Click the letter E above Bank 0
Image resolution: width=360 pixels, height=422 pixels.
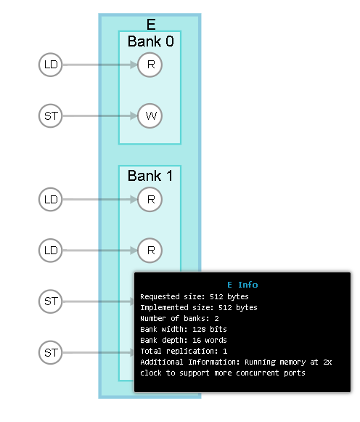[x=151, y=25]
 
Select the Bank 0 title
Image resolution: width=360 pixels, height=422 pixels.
[x=150, y=41]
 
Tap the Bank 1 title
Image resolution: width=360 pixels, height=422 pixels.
[x=150, y=176]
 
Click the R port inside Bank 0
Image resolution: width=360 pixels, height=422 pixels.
[x=150, y=65]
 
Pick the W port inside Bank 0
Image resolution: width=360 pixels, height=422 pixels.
[x=150, y=115]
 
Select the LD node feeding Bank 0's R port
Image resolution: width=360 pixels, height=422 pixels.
[x=51, y=65]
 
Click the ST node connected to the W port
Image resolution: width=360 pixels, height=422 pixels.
[x=51, y=115]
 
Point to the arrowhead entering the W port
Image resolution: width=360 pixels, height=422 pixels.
[x=134, y=115]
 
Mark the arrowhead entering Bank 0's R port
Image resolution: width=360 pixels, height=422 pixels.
[x=134, y=65]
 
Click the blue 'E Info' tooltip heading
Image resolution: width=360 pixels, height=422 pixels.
[x=242, y=285]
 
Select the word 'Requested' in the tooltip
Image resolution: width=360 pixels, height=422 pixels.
[x=160, y=296]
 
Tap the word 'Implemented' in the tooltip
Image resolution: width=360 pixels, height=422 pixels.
[x=164, y=308]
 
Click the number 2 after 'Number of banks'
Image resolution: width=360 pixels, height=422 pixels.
[x=216, y=319]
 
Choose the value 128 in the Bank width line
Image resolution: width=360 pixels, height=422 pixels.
[x=199, y=330]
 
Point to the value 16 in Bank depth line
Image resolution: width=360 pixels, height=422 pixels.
[x=197, y=340]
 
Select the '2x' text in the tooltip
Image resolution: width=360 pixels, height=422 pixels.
[x=327, y=362]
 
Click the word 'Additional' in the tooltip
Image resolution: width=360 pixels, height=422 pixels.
[x=162, y=362]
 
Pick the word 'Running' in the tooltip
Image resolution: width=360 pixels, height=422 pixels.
[x=260, y=362]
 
